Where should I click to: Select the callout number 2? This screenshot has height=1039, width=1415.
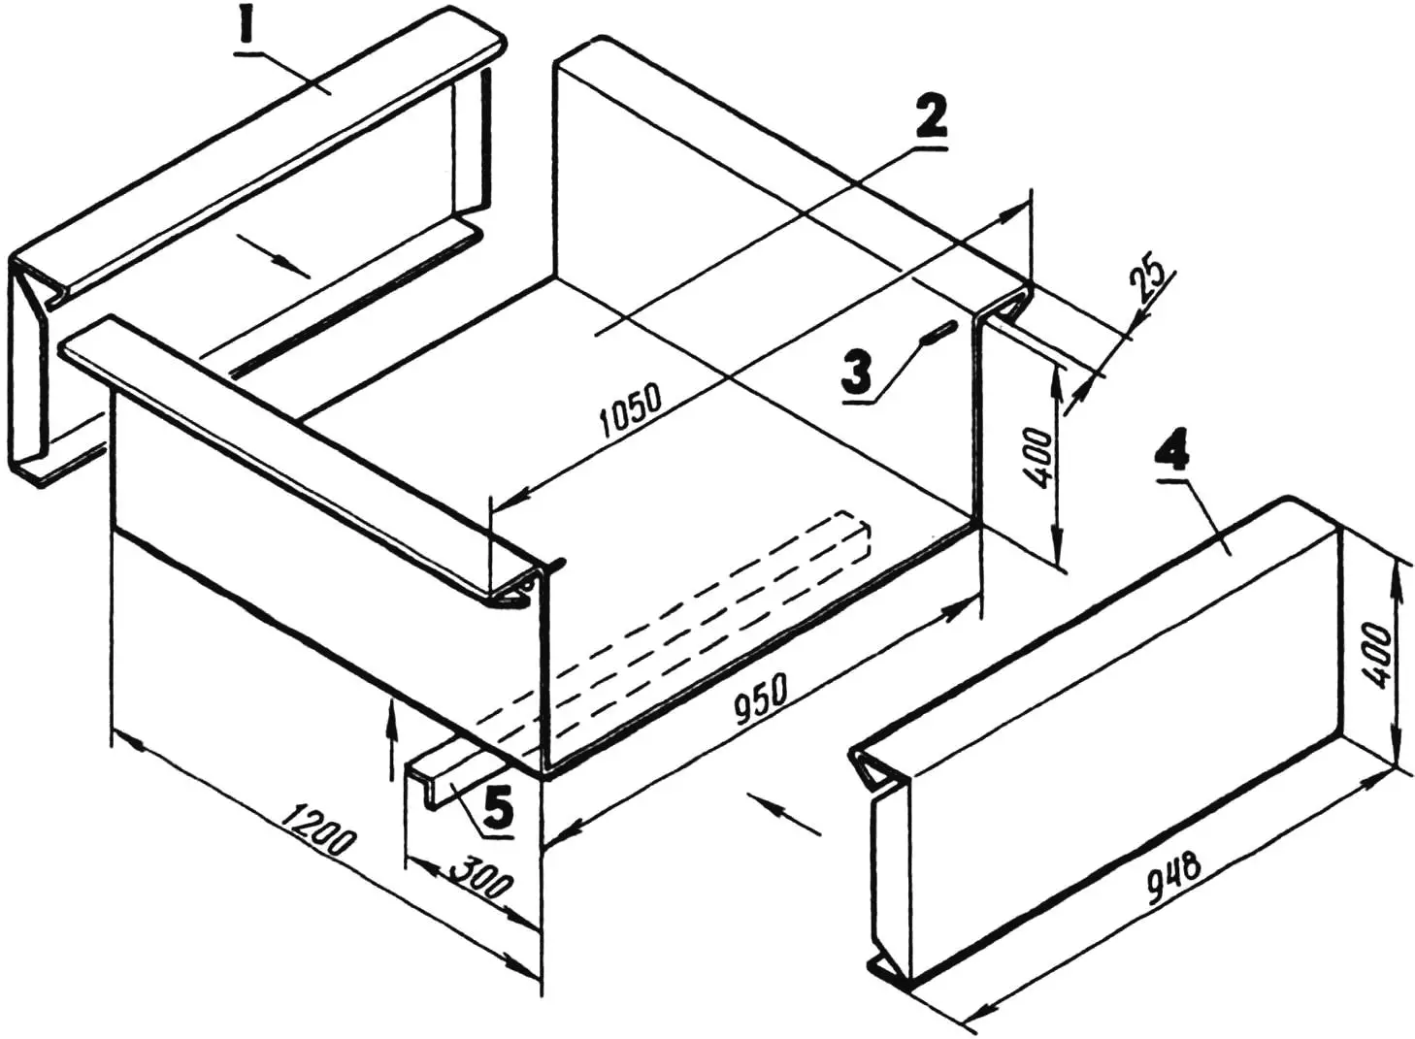(929, 119)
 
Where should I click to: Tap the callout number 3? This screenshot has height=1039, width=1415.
(857, 372)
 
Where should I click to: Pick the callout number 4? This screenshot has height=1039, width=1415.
(1174, 450)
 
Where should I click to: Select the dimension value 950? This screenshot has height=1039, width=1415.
(762, 699)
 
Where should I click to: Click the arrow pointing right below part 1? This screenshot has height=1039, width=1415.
(275, 257)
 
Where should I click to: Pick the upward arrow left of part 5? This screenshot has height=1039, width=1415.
(392, 733)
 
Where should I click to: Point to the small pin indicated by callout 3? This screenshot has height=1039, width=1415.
(938, 333)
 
